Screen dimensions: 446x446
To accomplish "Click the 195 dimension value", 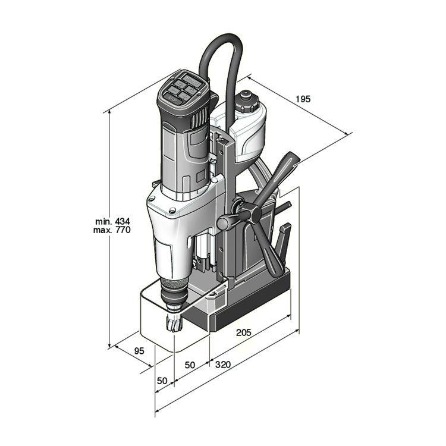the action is (303, 99).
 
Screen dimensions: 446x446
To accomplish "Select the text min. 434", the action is (112, 221).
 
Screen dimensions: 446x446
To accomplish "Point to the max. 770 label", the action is (112, 230).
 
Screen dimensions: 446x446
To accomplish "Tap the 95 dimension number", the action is (139, 351).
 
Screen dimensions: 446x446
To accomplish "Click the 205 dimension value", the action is (244, 332).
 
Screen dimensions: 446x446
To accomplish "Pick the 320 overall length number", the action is (223, 365).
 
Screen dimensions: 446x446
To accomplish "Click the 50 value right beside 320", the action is (190, 365).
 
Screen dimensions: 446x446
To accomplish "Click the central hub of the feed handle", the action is (252, 213).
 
